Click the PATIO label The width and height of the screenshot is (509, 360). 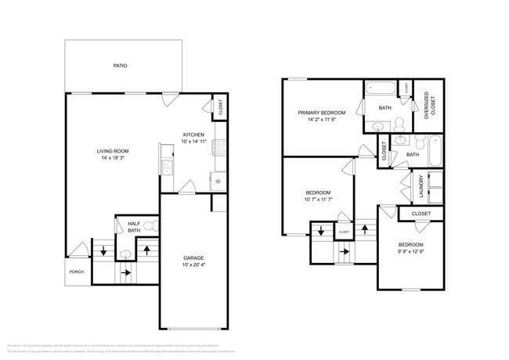(x=120, y=66)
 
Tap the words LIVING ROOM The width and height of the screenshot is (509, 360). (x=113, y=151)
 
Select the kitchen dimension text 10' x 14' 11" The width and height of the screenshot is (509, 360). (x=195, y=142)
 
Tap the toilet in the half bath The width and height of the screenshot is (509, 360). (x=155, y=226)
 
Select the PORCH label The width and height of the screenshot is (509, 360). (x=77, y=272)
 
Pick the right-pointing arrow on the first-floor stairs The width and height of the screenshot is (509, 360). (x=125, y=272)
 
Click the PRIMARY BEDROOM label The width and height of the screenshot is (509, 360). (x=321, y=113)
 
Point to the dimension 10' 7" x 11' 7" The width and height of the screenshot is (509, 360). (x=318, y=200)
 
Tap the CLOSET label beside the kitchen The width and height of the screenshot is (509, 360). (x=220, y=110)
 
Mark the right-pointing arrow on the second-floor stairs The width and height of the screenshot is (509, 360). (x=345, y=252)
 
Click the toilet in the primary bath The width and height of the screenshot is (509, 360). (x=398, y=124)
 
